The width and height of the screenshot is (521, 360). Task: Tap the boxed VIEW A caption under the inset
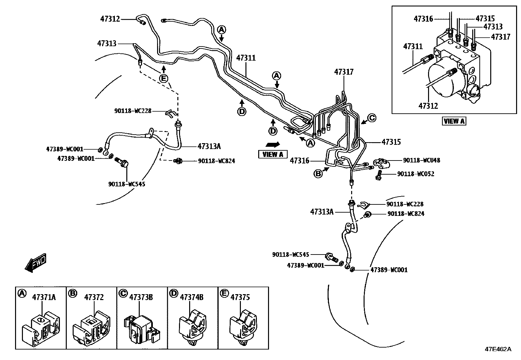(x=454, y=121)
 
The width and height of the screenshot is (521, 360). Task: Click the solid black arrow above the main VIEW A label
(x=272, y=144)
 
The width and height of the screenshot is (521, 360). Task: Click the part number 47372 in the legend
(x=94, y=297)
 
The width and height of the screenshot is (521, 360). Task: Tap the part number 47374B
(x=192, y=297)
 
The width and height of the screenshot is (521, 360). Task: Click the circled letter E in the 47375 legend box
(x=224, y=294)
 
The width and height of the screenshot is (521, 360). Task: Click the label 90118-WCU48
(x=422, y=161)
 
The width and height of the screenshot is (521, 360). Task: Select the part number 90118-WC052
(x=416, y=174)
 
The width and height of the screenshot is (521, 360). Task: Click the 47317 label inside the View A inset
(x=500, y=37)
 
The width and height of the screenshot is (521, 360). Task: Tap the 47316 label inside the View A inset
(x=423, y=19)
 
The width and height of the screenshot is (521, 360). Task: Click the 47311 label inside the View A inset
(x=413, y=47)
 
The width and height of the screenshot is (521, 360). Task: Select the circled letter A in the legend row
(x=22, y=294)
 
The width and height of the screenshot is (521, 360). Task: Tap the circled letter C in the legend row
(x=123, y=294)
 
